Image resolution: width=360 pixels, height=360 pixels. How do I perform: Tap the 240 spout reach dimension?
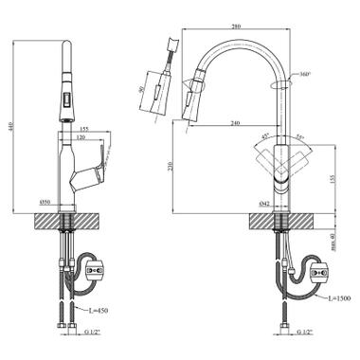233,122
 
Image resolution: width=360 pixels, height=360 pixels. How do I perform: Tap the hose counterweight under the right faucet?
318,276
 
